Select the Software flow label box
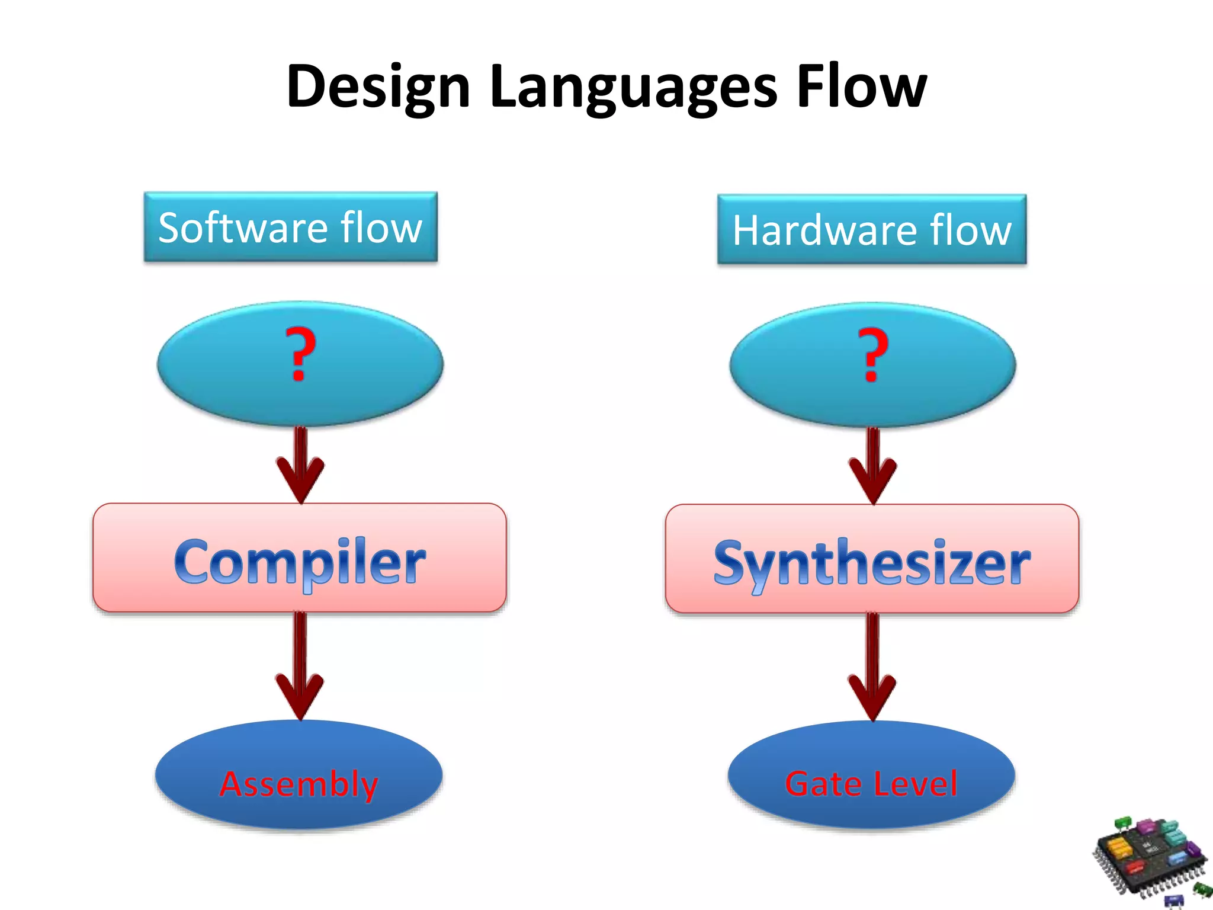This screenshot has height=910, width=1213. [x=290, y=227]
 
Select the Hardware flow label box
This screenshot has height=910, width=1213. [x=871, y=230]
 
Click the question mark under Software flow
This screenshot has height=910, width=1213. [x=300, y=354]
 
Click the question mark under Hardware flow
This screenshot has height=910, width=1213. [x=873, y=355]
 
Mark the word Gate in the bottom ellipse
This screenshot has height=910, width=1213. [x=823, y=783]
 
